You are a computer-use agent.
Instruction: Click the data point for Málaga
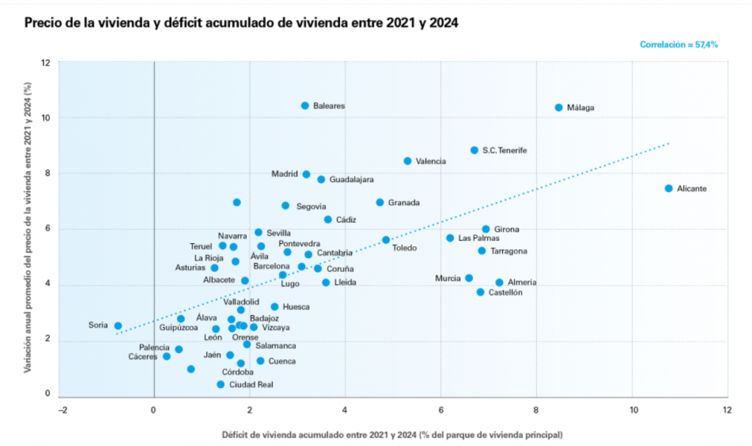[x=558, y=107]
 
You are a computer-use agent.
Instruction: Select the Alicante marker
[x=668, y=188]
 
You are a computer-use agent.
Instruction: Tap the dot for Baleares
[x=305, y=106]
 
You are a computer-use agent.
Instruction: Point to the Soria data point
[x=117, y=325]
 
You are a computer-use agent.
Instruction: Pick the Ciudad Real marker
[x=220, y=384]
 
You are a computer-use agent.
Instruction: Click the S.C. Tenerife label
[x=504, y=151]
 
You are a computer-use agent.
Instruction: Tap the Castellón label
[x=505, y=292]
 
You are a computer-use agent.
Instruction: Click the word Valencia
[x=432, y=161]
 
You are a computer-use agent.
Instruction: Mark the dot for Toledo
[x=386, y=240]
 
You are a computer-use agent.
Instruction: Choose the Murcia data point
[x=469, y=278]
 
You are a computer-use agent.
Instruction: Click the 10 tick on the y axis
[x=46, y=118]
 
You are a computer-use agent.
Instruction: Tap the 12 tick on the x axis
[x=728, y=410]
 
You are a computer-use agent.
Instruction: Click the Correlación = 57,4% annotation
[x=678, y=45]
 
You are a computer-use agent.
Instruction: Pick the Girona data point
[x=485, y=229]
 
